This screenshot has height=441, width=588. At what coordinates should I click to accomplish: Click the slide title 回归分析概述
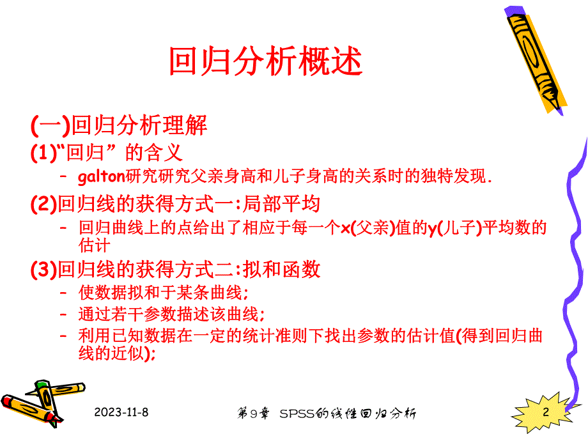coord(265,62)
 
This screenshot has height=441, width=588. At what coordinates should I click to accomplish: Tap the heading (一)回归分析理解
coord(119,125)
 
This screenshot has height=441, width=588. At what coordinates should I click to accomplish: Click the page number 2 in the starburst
coord(546,412)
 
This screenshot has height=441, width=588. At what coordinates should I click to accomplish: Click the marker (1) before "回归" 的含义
coord(44,153)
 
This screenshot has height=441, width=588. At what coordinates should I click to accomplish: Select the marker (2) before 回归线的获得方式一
coord(44,204)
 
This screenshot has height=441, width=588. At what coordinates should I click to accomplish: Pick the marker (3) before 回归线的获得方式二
coord(44,270)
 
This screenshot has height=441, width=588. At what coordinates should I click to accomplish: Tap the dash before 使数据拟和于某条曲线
coord(63,293)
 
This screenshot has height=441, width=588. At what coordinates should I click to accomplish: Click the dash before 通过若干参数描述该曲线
coord(63,314)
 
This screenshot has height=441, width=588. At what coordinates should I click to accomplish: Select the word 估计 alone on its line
coord(95,245)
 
